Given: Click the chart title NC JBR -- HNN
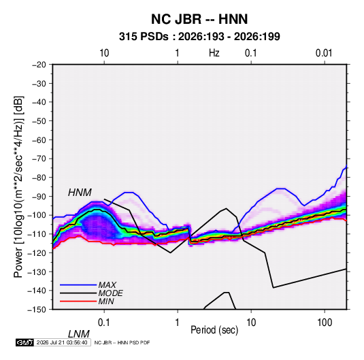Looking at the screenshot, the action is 199,19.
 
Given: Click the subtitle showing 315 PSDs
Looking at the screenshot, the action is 199,37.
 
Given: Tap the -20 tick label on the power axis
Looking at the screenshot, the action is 39,65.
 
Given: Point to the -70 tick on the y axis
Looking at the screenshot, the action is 39,159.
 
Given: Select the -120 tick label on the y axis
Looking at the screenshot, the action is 37,253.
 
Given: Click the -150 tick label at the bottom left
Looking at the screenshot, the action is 37,310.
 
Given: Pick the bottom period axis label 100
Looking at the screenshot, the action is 325,323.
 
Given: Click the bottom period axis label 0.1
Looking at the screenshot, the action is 104,323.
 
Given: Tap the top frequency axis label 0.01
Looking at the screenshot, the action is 324,53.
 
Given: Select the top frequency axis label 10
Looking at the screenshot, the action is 104,53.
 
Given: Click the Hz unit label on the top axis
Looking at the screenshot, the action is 214,53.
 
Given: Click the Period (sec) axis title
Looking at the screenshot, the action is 214,330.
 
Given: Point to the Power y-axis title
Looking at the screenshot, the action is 18,186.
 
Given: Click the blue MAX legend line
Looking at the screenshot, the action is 78,285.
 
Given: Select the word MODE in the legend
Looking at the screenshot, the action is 110,293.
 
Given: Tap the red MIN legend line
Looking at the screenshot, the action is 78,301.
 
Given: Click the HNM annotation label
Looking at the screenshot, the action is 80,193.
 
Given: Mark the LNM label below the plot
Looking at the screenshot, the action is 78,334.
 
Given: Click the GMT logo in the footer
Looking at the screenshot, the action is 24,342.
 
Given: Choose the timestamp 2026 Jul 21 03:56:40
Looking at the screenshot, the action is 62,342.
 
